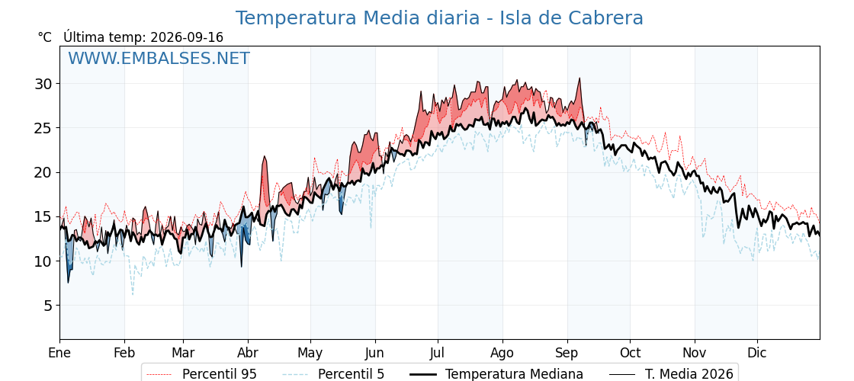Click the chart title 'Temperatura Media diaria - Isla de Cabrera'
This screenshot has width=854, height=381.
pyautogui.click(x=439, y=18)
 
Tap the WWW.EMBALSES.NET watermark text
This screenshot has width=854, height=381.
pyautogui.click(x=159, y=58)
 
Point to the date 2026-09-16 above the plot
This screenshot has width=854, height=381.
pyautogui.click(x=186, y=37)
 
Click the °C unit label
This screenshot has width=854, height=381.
pyautogui.click(x=45, y=37)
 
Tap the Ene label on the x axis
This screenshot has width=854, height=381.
pyautogui.click(x=59, y=353)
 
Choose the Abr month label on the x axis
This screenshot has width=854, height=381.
pyautogui.click(x=248, y=353)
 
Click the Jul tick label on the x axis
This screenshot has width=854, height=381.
pyautogui.click(x=438, y=353)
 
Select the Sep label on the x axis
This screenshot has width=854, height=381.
pyautogui.click(x=567, y=354)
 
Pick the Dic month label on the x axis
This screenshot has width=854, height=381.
pyautogui.click(x=756, y=353)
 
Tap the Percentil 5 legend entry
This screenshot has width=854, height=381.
pyautogui.click(x=335, y=374)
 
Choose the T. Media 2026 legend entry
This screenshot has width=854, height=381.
pyautogui.click(x=672, y=374)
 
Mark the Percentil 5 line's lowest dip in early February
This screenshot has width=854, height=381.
pyautogui.click(x=133, y=294)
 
